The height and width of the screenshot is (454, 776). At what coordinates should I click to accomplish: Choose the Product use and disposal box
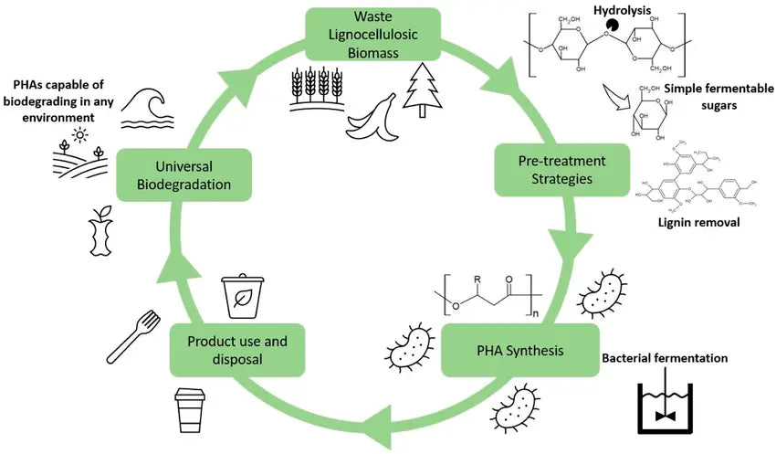pyautogui.click(x=236, y=350)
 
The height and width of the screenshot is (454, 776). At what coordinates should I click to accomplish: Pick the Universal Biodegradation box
pyautogui.click(x=184, y=174)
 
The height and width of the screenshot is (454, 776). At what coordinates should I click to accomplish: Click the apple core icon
pyautogui.click(x=101, y=232)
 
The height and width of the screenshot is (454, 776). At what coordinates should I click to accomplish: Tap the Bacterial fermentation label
pyautogui.click(x=664, y=358)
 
